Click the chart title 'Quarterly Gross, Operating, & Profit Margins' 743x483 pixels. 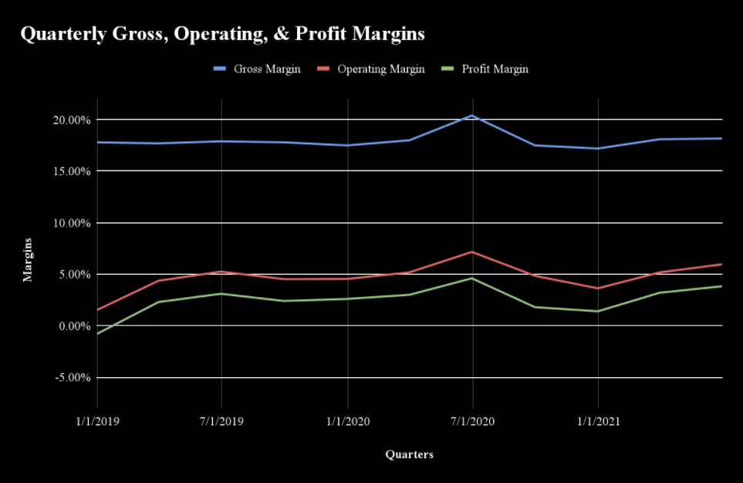point(222,35)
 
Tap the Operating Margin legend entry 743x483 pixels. point(381,69)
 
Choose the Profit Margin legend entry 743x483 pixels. point(495,69)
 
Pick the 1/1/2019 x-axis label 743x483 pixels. point(97,422)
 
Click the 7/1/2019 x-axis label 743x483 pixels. point(222,422)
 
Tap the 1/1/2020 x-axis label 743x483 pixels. point(347,422)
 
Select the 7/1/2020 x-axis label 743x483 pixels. point(472,422)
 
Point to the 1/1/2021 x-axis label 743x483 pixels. point(597,422)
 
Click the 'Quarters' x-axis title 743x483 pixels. point(409,454)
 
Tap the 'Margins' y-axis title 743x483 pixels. point(28,259)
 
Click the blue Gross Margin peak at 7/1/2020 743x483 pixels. point(472,116)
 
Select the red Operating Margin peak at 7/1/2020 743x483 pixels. point(472,252)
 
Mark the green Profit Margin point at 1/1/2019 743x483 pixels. point(98,333)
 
